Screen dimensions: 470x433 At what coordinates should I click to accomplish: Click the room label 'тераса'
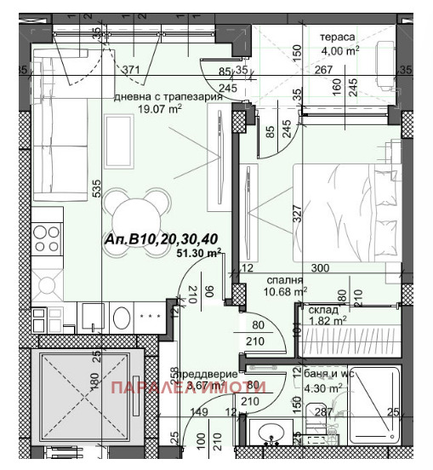(337, 37)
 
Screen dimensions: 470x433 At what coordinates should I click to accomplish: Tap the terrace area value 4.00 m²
(337, 50)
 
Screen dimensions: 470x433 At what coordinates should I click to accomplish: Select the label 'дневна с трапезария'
(168, 96)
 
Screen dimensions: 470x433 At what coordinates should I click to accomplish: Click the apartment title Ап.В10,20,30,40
(154, 240)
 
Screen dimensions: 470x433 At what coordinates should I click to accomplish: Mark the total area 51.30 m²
(198, 253)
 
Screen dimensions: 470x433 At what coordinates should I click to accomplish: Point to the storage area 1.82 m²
(326, 321)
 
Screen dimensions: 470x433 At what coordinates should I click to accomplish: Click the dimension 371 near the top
(130, 70)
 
